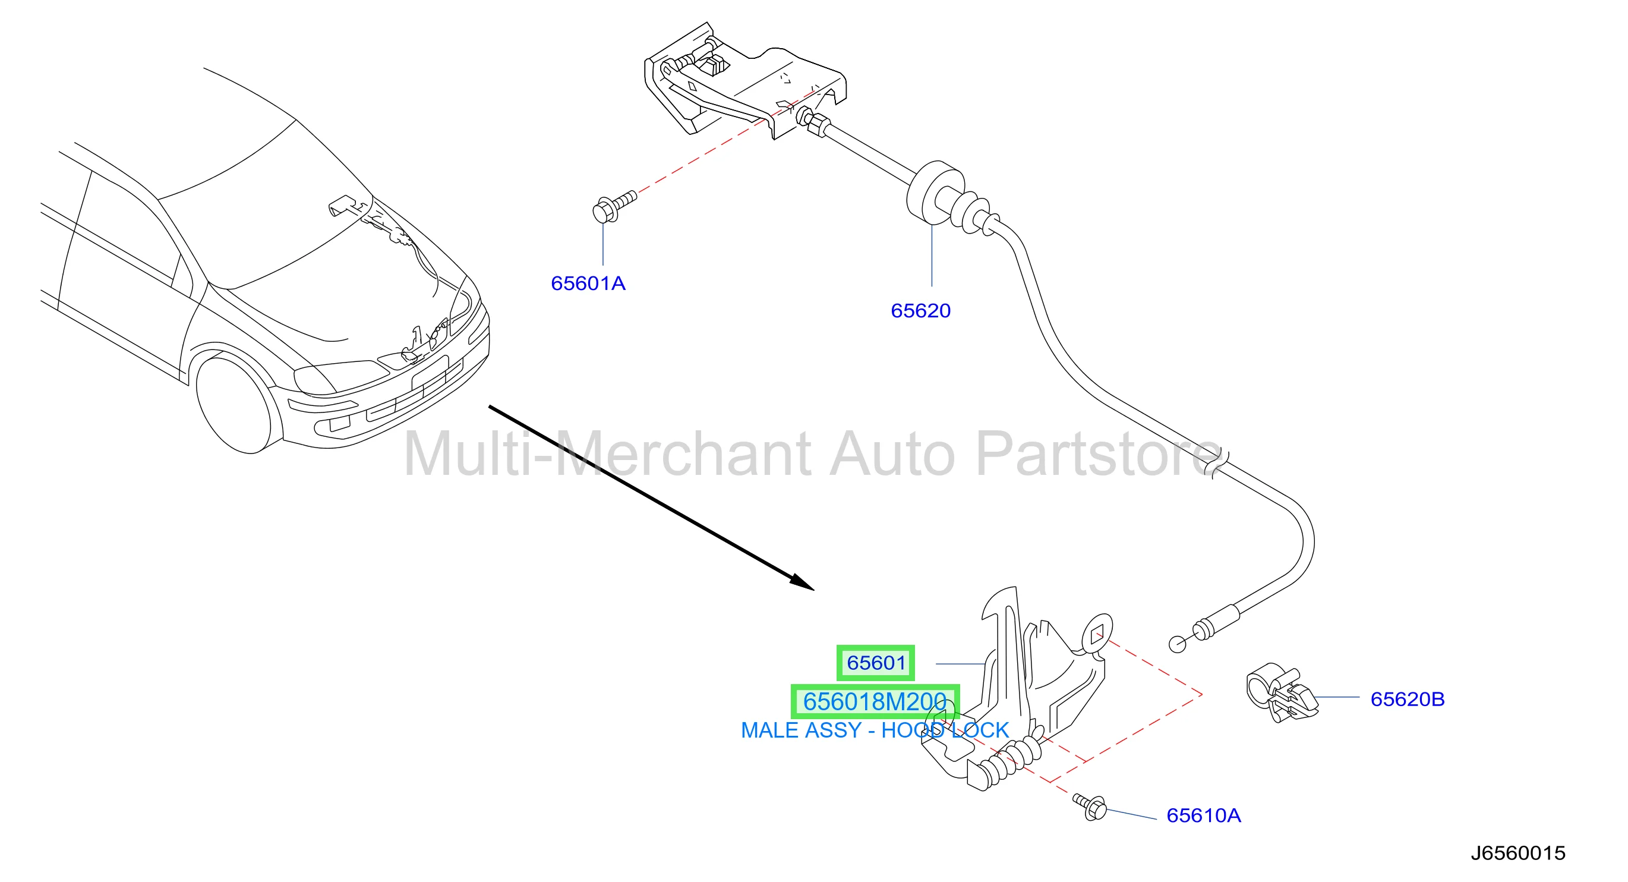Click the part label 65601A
(588, 283)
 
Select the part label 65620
(920, 310)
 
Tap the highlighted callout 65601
(875, 663)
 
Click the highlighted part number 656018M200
(875, 701)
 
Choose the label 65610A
(1203, 815)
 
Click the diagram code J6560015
(1517, 853)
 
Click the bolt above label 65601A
(614, 206)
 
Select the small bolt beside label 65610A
(1090, 806)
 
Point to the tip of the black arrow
(814, 590)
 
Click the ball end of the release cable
(1178, 644)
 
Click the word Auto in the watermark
(892, 453)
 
